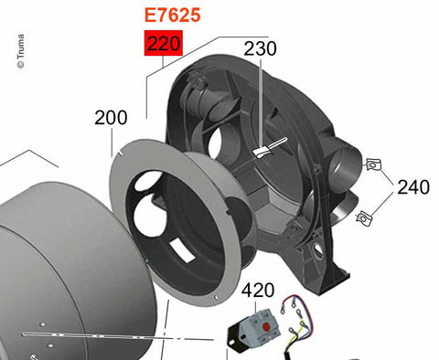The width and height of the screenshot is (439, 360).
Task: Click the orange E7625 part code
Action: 172,16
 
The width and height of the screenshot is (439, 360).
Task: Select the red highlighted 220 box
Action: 164,43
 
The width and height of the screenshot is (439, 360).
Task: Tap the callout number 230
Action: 260,48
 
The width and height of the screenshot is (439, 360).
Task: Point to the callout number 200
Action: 111,118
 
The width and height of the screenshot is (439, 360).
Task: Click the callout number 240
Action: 413,186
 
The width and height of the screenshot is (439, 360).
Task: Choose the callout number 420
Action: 258,291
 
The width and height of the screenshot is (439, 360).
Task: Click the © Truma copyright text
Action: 21,51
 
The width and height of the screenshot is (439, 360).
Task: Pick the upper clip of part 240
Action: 374,164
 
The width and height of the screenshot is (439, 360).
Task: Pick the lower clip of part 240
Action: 364,218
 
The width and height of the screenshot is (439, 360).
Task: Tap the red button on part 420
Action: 265,327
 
